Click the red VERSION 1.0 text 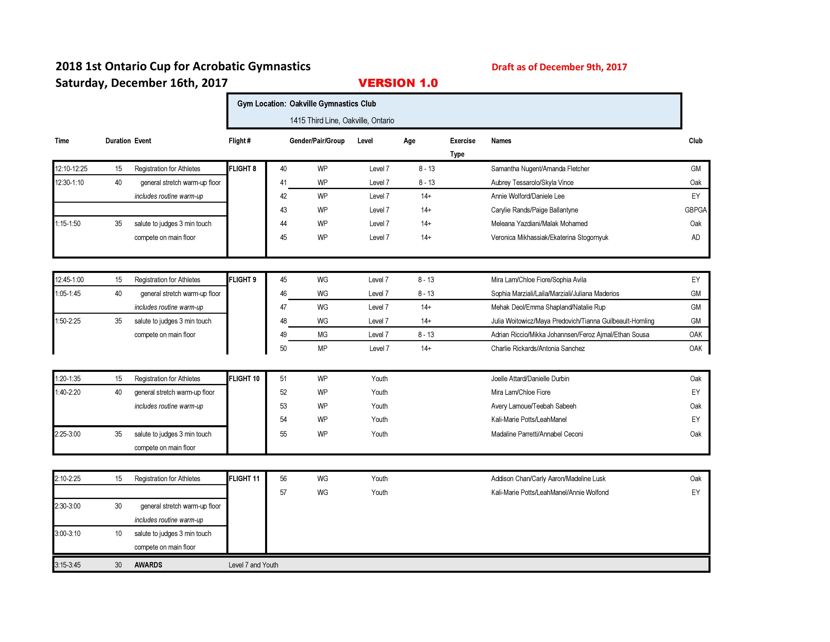pyautogui.click(x=398, y=83)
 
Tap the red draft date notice pyautogui.click(x=559, y=67)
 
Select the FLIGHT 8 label pyautogui.click(x=242, y=168)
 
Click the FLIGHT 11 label pyautogui.click(x=244, y=478)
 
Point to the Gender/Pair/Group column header pyautogui.click(x=317, y=141)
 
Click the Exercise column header pyautogui.click(x=463, y=141)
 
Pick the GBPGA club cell pyautogui.click(x=695, y=210)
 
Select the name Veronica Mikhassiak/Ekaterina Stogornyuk pyautogui.click(x=550, y=237)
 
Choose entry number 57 pyautogui.click(x=283, y=492)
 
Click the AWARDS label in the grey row pyautogui.click(x=148, y=565)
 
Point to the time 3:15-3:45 pyautogui.click(x=68, y=565)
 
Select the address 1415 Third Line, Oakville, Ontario pyautogui.click(x=342, y=121)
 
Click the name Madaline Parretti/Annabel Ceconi pyautogui.click(x=537, y=434)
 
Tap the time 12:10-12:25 pyautogui.click(x=71, y=168)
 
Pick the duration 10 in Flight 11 pyautogui.click(x=118, y=533)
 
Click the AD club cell pyautogui.click(x=695, y=237)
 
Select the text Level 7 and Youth pyautogui.click(x=253, y=565)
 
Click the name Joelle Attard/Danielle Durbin pyautogui.click(x=530, y=378)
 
